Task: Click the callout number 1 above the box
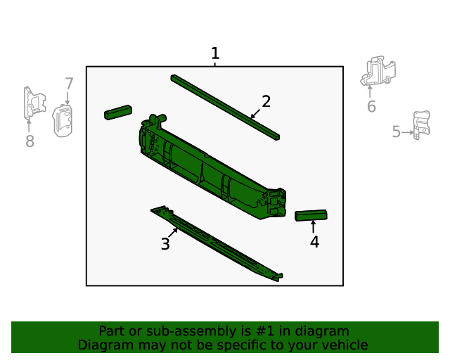click(x=215, y=53)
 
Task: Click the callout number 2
click(x=266, y=101)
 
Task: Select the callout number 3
click(x=165, y=244)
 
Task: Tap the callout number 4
click(x=314, y=242)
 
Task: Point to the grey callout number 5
click(x=397, y=131)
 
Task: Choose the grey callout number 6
click(x=371, y=106)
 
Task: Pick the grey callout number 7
click(x=69, y=84)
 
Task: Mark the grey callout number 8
click(x=30, y=141)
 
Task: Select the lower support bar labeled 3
click(x=214, y=243)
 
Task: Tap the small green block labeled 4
click(x=311, y=215)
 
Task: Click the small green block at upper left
click(x=118, y=112)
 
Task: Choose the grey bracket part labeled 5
click(x=420, y=124)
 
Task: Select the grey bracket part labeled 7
click(x=63, y=121)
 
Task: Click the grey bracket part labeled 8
click(x=33, y=103)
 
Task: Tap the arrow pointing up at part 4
click(x=313, y=226)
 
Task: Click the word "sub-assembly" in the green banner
click(x=174, y=331)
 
